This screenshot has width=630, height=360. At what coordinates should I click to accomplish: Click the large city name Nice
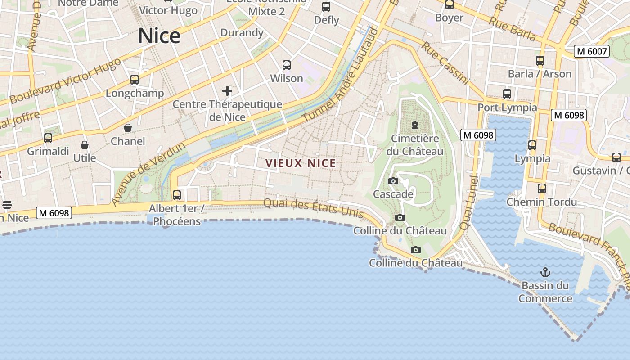tap(159, 36)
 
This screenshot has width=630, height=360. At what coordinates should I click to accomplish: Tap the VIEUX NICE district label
tap(301, 163)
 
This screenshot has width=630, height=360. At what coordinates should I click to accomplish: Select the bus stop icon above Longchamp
tap(135, 80)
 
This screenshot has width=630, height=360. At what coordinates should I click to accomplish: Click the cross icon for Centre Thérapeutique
tap(227, 91)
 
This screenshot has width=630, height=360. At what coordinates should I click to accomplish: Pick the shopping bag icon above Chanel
tap(128, 128)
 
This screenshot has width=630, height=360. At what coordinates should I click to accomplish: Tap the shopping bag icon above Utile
tap(85, 145)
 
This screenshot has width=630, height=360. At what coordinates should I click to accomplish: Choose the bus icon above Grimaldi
tap(48, 138)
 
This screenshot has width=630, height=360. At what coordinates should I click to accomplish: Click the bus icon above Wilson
tap(287, 65)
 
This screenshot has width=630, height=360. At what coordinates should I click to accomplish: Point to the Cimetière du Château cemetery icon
tap(415, 125)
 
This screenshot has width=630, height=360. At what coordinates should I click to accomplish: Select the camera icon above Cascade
tap(393, 181)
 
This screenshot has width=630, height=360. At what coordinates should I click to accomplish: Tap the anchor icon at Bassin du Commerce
tap(545, 272)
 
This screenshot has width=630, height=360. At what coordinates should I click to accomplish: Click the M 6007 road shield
tap(592, 51)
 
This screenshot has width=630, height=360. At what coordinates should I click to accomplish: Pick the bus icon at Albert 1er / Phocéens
tap(177, 195)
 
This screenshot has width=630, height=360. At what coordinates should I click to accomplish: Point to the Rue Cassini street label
tap(445, 63)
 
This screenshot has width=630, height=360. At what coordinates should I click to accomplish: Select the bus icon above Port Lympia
tap(507, 94)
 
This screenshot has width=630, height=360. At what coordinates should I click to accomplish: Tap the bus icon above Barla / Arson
tap(540, 61)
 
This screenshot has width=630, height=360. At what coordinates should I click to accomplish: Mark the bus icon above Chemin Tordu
tap(542, 189)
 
